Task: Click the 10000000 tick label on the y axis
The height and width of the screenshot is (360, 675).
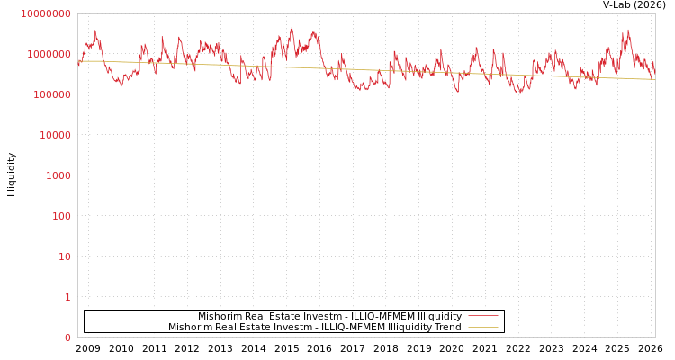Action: coord(45,13)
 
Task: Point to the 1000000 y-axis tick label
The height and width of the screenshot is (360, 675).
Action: coord(48,54)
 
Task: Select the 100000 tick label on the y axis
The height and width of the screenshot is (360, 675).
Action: coord(50,94)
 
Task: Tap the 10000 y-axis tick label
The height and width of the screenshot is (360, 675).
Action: coord(53,135)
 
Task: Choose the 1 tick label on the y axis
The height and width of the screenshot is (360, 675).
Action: coord(67,297)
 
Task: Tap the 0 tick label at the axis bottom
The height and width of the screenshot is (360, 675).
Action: coord(67,337)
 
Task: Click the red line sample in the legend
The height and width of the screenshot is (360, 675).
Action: coord(483,316)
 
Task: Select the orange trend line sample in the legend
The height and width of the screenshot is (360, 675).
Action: coord(483,327)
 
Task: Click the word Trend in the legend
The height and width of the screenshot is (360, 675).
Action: coord(447,327)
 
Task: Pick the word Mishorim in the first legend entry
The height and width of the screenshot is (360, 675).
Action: coord(220,316)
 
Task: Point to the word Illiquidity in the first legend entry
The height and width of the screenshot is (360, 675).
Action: coord(433,316)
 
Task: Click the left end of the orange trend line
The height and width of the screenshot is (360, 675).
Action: coord(79,61)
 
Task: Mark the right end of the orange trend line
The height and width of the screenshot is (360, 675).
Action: coord(654,79)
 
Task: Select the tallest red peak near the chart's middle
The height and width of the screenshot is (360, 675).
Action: coord(292,29)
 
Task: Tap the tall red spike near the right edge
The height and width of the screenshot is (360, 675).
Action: coord(628,31)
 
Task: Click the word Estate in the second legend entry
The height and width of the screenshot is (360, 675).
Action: coord(256,327)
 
